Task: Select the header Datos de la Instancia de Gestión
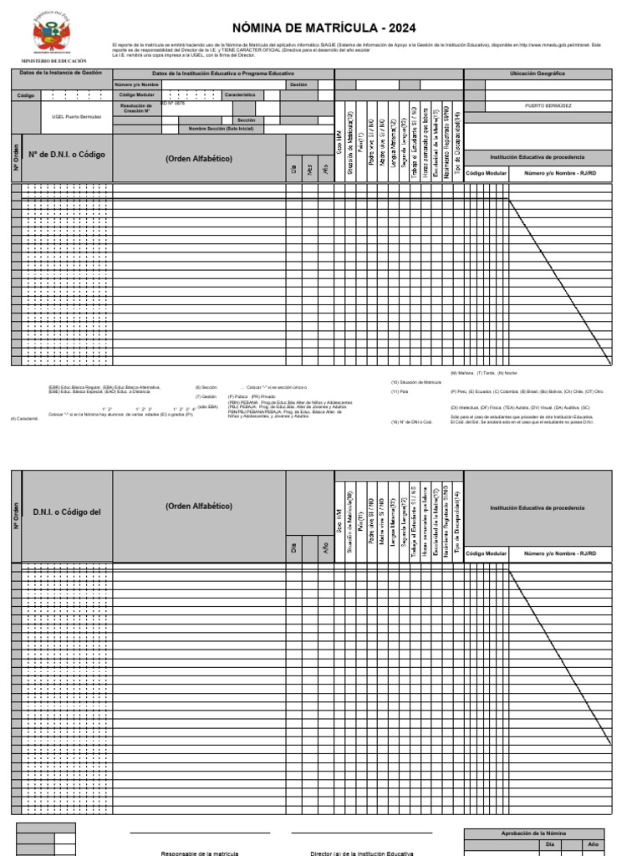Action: click(60, 73)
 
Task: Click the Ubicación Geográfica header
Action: click(538, 74)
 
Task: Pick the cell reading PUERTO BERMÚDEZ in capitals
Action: click(548, 106)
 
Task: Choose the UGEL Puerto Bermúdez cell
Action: click(77, 117)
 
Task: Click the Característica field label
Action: click(239, 95)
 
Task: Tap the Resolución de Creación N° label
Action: click(136, 109)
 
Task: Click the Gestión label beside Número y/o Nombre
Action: click(298, 84)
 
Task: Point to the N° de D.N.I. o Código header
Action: click(67, 155)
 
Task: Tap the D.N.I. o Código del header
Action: click(67, 512)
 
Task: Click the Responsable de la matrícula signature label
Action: click(200, 853)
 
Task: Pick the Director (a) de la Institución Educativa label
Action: click(362, 853)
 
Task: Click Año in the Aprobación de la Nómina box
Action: click(594, 845)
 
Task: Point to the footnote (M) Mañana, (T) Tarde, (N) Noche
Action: click(484, 372)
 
